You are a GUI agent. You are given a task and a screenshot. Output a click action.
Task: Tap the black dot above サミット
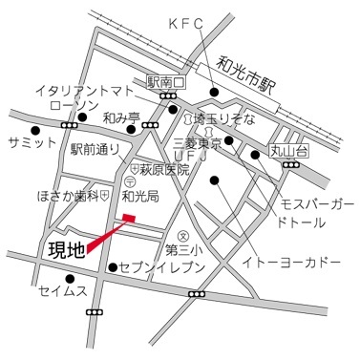click(x=35, y=130)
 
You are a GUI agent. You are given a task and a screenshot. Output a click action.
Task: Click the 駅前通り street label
click(x=95, y=149)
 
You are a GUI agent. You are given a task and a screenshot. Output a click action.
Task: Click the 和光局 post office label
click(x=141, y=193)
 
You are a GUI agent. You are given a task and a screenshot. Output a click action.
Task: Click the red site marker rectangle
click(x=129, y=221)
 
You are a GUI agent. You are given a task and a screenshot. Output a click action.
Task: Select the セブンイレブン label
click(x=158, y=267)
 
